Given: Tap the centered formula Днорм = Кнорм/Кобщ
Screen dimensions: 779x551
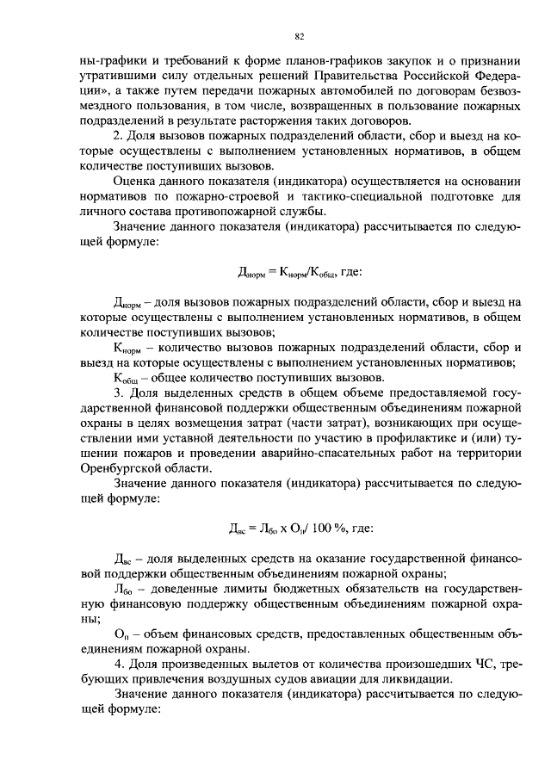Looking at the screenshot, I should pyautogui.click(x=288, y=273).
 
